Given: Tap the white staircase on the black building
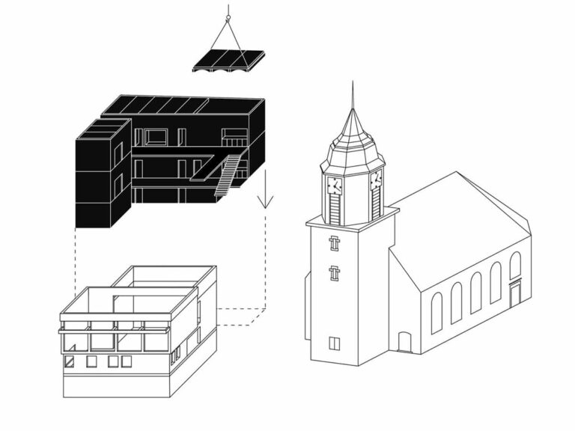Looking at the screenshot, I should click(229, 174).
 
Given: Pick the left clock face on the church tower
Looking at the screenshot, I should click(334, 185).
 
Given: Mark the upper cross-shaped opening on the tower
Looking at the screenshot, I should click(335, 244).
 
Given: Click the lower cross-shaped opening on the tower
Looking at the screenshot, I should click(335, 272).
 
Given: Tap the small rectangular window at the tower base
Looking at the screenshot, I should click(335, 343).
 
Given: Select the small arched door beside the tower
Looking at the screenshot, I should click(404, 342).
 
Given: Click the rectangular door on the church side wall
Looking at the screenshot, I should click(515, 293).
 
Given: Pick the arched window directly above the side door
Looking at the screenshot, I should click(515, 265).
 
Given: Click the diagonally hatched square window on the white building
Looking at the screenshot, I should click(70, 361).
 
